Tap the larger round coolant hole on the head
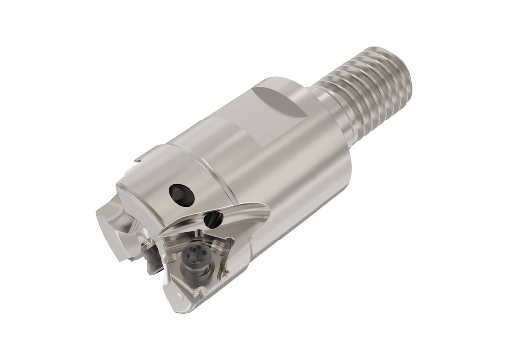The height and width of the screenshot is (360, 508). coord(182,194)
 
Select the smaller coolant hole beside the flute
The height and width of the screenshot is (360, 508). coord(213,219)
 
